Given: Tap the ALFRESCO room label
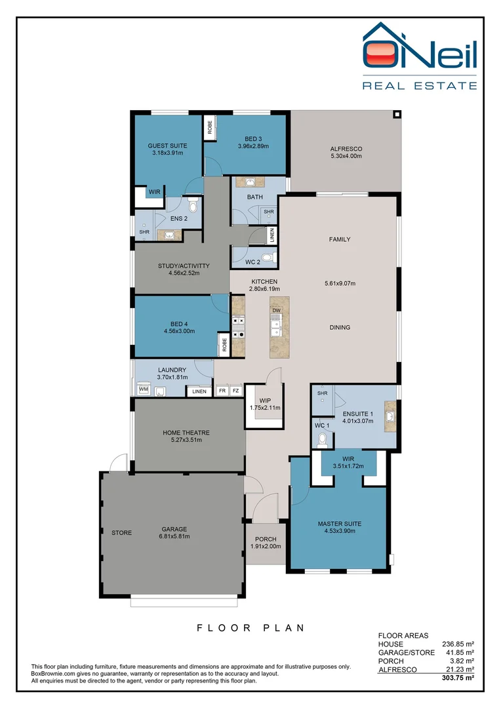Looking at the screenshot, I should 346,149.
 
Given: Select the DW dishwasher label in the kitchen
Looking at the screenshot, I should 276,310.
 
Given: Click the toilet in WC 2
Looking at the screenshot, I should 264,257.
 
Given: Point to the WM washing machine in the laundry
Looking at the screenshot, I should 143,389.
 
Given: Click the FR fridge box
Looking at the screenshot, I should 222,391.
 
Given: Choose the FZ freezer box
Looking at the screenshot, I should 236,391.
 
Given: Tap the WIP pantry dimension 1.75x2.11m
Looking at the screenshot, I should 265,408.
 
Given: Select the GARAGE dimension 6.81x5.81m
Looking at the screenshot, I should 174,536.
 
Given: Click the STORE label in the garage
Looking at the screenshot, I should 121,532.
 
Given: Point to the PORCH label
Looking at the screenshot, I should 266,539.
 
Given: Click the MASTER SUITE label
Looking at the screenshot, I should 339,524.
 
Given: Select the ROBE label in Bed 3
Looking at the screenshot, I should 210,127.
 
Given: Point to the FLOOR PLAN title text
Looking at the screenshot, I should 251,627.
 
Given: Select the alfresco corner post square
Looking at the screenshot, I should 397,114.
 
